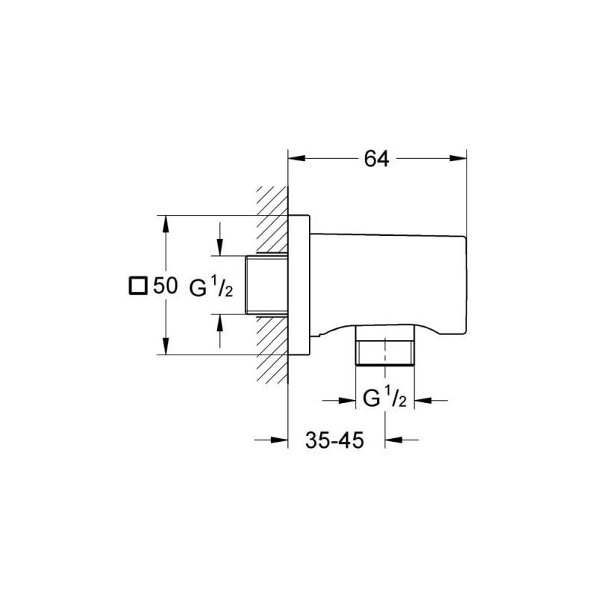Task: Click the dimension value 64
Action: click(x=378, y=159)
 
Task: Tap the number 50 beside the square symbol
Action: click(x=165, y=286)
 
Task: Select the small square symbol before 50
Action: click(x=137, y=286)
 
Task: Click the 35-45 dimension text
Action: click(x=334, y=440)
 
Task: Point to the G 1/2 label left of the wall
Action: click(x=212, y=286)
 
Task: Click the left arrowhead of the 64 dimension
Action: click(x=296, y=159)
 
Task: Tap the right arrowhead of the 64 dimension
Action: click(x=458, y=159)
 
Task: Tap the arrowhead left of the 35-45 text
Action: click(x=281, y=440)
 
